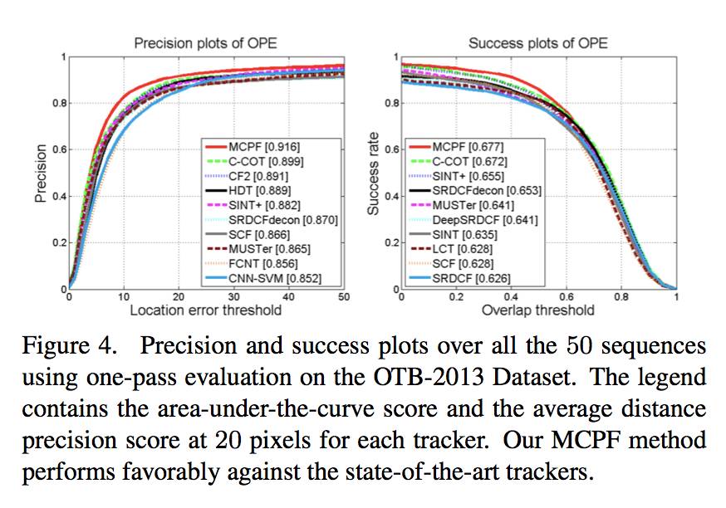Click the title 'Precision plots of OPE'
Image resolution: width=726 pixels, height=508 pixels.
206,42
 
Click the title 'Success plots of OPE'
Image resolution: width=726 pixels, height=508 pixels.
537,42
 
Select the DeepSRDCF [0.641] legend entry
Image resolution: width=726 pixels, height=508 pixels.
484,220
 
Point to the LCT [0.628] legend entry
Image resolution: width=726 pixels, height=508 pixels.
463,249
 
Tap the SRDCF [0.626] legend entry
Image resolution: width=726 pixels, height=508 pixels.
471,278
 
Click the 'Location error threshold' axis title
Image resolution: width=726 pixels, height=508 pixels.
206,311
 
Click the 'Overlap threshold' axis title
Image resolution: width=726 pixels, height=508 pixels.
538,311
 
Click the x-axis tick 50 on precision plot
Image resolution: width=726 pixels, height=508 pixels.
343,297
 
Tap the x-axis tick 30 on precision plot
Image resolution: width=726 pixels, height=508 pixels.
233,297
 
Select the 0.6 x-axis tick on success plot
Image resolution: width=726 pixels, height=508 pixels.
566,297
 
